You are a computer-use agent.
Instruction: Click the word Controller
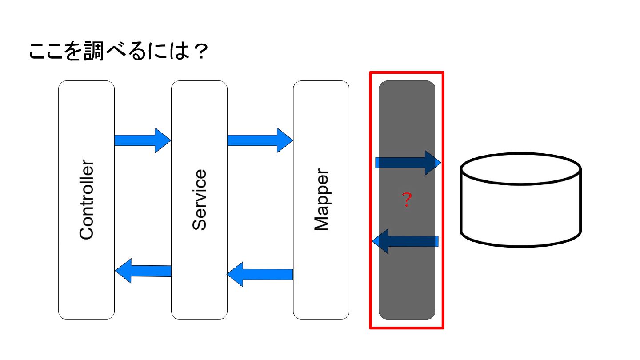click(87, 200)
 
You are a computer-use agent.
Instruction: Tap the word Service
click(200, 200)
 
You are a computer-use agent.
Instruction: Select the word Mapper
click(321, 200)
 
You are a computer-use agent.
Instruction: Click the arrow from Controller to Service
click(142, 140)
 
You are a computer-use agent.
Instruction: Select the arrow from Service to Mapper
click(260, 140)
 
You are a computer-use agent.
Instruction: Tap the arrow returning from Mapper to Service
click(260, 274)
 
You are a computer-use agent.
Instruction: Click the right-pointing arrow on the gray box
click(408, 163)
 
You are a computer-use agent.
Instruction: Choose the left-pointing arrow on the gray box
click(405, 241)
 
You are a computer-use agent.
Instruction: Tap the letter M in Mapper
click(321, 223)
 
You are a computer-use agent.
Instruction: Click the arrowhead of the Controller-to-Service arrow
click(163, 140)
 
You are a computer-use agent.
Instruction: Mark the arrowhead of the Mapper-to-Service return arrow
click(235, 274)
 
